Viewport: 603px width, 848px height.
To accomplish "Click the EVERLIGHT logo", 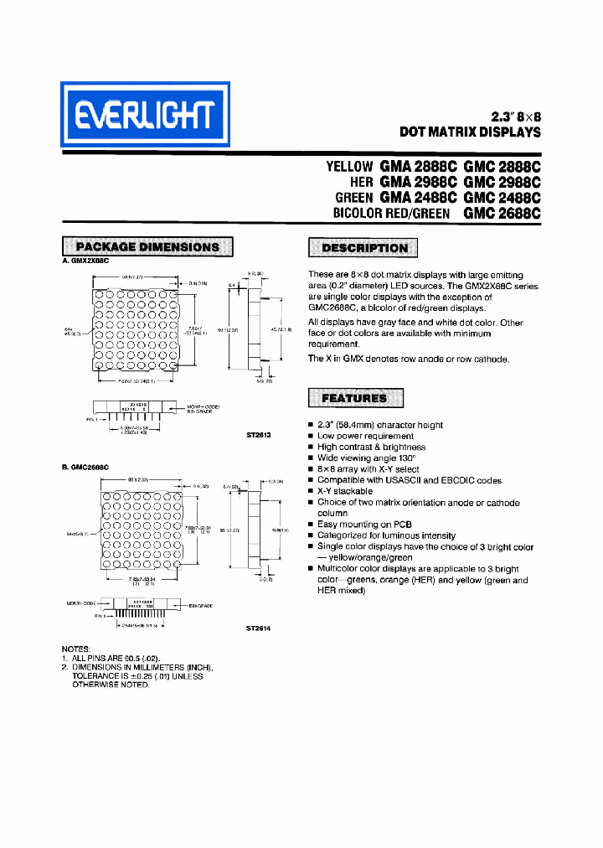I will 144,114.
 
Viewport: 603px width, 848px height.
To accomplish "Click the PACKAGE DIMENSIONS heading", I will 147,246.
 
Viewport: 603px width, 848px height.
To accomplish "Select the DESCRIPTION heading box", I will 364,248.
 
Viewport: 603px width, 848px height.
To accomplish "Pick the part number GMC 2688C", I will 502,213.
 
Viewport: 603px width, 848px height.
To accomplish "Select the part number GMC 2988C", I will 502,182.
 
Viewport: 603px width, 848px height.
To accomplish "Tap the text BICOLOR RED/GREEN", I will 391,214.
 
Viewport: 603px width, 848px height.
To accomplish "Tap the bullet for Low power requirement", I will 311,437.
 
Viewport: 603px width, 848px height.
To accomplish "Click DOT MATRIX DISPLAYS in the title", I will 470,132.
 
